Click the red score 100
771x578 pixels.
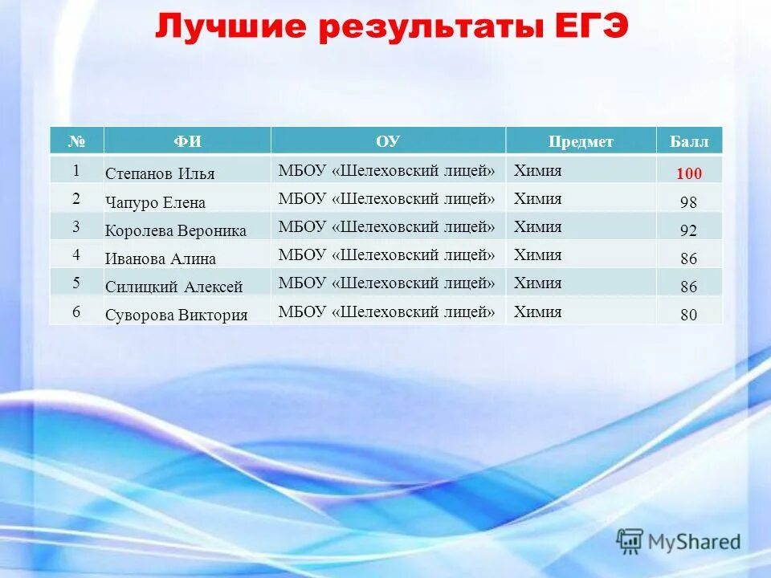coord(688,173)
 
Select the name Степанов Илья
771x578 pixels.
coord(160,173)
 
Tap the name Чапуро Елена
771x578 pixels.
coord(155,202)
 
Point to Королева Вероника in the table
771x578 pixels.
coord(175,230)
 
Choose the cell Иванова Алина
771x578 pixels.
coord(160,258)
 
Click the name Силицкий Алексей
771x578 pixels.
coord(173,287)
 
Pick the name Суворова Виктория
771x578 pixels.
coord(176,315)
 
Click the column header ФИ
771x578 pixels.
coord(187,141)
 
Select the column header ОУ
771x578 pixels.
coord(387,141)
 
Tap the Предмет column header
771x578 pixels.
coord(580,141)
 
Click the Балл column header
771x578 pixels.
coord(688,141)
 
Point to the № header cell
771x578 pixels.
coord(76,141)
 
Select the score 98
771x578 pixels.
coord(688,202)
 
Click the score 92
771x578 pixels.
coord(688,230)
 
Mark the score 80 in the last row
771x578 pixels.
coord(688,315)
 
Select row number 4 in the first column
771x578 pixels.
coord(76,254)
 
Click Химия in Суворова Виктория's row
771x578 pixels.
coord(537,311)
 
